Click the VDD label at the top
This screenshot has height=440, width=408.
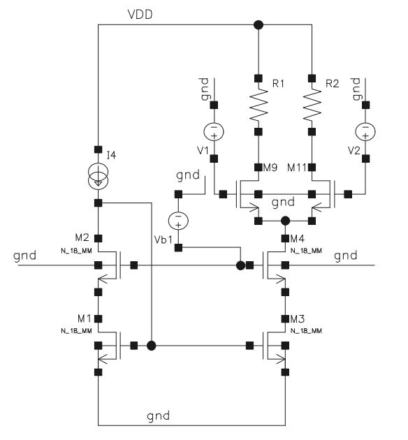[x=140, y=14]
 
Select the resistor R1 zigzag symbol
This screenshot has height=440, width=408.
[x=258, y=105]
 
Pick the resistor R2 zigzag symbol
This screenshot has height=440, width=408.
[x=312, y=105]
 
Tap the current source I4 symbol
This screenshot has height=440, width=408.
[x=98, y=177]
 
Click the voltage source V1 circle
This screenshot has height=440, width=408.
[x=214, y=131]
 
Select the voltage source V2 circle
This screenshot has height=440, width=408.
[x=365, y=131]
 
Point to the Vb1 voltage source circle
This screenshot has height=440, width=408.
[x=178, y=220]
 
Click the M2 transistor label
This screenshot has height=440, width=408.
[x=82, y=237]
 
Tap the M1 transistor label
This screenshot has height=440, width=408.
[x=84, y=318]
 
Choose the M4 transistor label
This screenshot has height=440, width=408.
[x=297, y=239]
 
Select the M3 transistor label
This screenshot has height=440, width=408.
[x=297, y=318]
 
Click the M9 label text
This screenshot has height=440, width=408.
[x=270, y=168]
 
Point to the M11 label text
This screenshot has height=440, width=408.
[x=297, y=168]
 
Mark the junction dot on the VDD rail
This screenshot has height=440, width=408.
[x=258, y=25]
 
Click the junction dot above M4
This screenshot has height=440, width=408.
[x=285, y=221]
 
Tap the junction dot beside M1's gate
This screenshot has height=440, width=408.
[x=151, y=346]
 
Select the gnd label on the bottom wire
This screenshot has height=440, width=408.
[x=159, y=416]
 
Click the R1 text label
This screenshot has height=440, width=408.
[x=278, y=83]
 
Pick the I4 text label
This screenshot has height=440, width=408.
[x=111, y=155]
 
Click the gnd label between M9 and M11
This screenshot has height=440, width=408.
[x=283, y=203]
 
